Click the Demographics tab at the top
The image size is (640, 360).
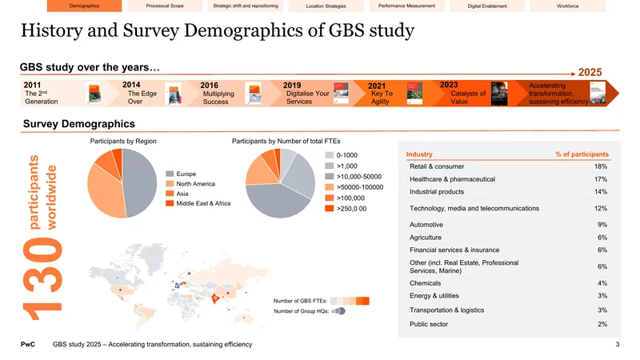point(84,6)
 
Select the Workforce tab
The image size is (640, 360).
point(567,6)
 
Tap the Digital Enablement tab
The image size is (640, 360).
point(487,6)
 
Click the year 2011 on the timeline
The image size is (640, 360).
point(32,85)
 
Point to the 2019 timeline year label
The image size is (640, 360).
point(292,86)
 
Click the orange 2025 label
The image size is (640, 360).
point(590,72)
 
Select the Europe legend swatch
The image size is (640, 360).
point(170,174)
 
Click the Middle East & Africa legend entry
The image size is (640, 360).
point(198,203)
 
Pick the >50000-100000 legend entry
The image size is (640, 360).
point(354,187)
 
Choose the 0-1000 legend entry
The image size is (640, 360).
point(342,155)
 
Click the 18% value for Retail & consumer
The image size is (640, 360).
point(601,166)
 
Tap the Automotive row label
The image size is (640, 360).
point(426,225)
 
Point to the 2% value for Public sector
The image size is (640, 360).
point(602,324)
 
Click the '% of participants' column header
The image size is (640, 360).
point(582,154)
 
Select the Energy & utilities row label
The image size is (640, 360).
point(434,295)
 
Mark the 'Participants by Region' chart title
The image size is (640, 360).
point(123,142)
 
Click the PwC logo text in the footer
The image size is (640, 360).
point(28,345)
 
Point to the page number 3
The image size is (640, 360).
point(618,345)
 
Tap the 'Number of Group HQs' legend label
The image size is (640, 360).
point(302,311)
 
